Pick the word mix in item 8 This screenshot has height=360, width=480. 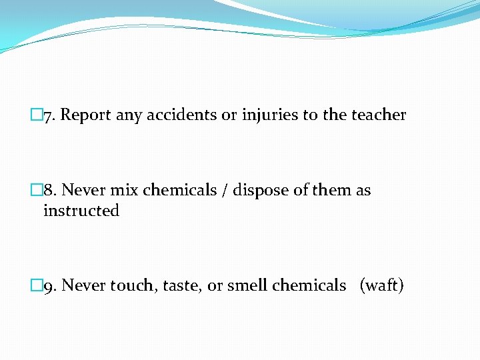[124, 191]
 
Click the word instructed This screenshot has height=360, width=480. [81, 211]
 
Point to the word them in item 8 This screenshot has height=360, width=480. [331, 191]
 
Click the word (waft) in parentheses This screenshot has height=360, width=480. [381, 286]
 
